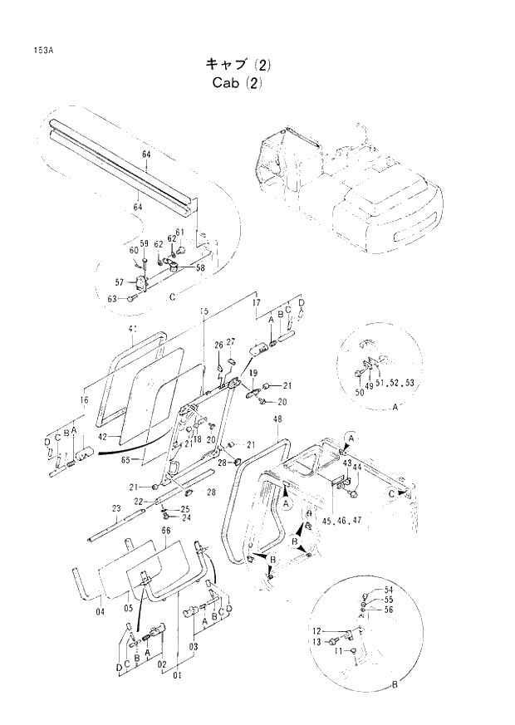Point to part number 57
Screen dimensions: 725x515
coord(120,282)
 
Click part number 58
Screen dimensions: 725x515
coord(200,267)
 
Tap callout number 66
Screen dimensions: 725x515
coord(165,531)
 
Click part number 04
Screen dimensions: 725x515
coord(100,613)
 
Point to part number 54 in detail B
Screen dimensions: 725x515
coord(389,590)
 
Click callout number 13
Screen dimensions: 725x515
coord(316,642)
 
